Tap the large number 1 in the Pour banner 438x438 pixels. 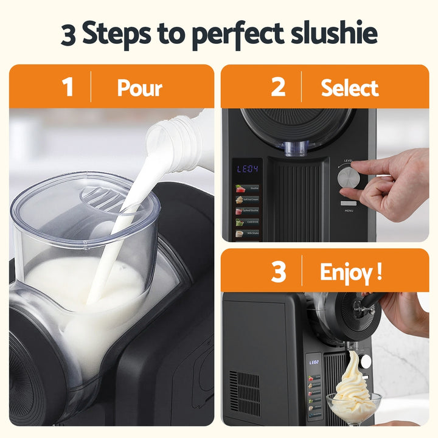tap(68, 87)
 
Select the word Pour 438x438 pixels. tap(139, 88)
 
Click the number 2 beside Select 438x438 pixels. tap(278, 87)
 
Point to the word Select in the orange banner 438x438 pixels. tap(349, 88)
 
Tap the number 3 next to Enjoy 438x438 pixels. tap(278, 271)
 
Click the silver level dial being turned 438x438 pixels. tap(349, 177)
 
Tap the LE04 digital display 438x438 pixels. tap(248, 169)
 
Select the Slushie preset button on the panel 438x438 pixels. tap(248, 189)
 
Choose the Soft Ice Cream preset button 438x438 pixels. tap(248, 200)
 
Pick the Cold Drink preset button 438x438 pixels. tap(248, 221)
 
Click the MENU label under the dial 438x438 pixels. tap(349, 211)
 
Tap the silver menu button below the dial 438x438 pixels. tap(349, 203)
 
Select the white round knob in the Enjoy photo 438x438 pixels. tap(366, 361)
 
